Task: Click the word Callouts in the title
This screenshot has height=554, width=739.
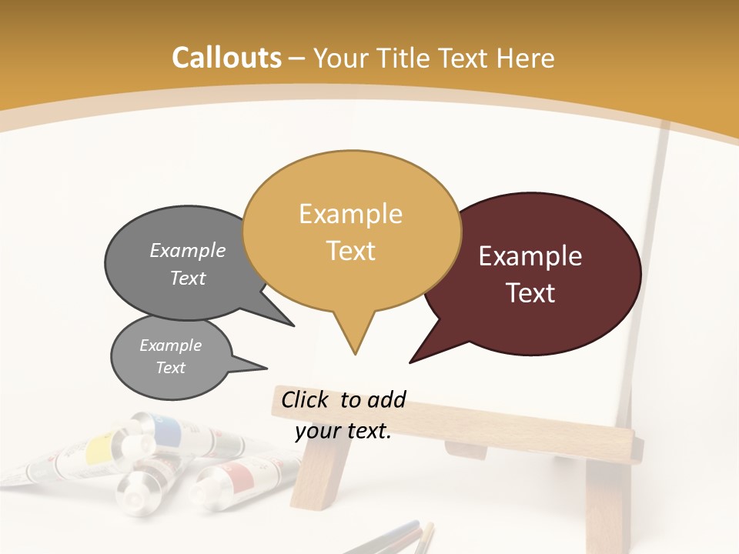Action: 226,58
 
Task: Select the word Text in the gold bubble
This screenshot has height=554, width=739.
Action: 351,250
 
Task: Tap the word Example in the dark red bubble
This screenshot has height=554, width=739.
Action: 530,256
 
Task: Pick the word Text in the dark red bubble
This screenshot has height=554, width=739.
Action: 530,293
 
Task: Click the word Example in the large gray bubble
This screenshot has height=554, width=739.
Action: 187,251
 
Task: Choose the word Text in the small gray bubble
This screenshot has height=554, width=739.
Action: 170,368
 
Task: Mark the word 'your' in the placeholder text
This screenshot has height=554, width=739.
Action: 317,432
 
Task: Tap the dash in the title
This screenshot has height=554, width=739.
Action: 297,58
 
